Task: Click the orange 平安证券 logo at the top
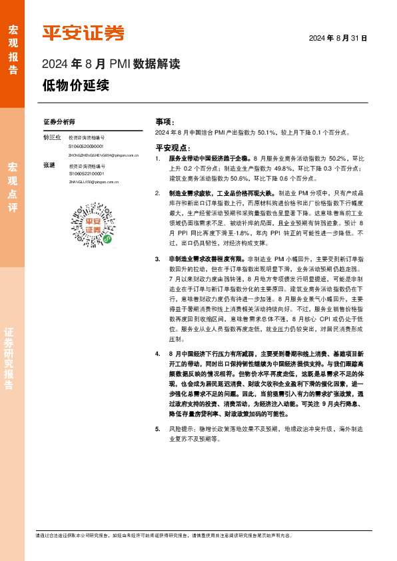tap(83, 33)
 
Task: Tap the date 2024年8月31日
tap(338, 39)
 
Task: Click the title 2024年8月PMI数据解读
tap(111, 65)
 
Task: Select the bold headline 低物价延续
tap(75, 86)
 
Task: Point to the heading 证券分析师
tap(59, 123)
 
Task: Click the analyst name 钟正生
tap(52, 137)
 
